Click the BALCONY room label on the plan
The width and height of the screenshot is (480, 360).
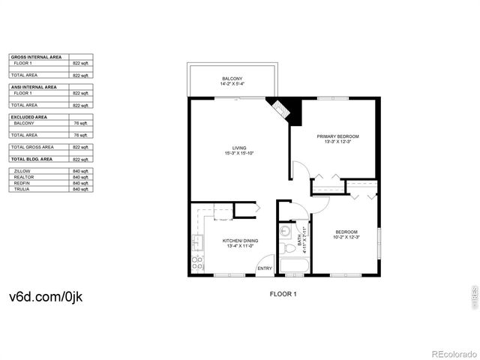[232, 79]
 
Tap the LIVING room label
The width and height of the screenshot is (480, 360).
[238, 148]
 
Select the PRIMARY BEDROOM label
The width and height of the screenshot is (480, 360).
[337, 136]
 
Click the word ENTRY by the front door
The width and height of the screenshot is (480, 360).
[265, 268]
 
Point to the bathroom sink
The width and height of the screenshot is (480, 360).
[286, 231]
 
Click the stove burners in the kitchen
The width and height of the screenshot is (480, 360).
[198, 262]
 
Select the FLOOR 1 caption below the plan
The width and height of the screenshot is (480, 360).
[283, 294]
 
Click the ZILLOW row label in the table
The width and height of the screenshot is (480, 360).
[22, 171]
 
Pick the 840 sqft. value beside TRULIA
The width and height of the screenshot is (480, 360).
[80, 189]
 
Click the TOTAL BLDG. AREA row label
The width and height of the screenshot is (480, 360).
[31, 160]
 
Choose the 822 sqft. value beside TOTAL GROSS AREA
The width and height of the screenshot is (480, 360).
[80, 148]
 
